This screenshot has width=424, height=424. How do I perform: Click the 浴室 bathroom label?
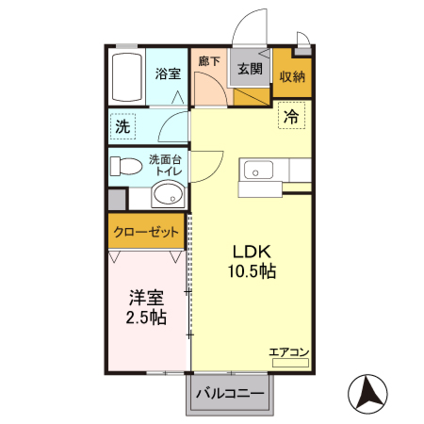pyautogui.click(x=167, y=73)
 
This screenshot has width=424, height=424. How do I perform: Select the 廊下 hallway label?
pyautogui.click(x=209, y=62)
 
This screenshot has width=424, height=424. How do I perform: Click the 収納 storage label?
pyautogui.click(x=291, y=78)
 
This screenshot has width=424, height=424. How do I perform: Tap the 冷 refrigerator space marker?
pyautogui.click(x=292, y=118)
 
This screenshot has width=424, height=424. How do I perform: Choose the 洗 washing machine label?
pyautogui.click(x=123, y=125)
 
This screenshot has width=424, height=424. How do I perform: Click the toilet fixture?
pyautogui.click(x=123, y=167)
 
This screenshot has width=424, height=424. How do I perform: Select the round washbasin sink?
pyautogui.click(x=166, y=196)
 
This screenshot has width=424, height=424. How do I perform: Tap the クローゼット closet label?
pyautogui.click(x=145, y=231)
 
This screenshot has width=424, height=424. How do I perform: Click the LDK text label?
pyautogui.click(x=252, y=253)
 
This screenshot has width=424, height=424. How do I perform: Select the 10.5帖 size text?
pyautogui.click(x=252, y=272)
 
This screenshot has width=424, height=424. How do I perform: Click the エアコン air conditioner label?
pyautogui.click(x=288, y=352)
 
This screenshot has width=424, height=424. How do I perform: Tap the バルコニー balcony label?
pyautogui.click(x=231, y=395)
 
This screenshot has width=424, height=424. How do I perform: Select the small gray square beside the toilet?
pyautogui.click(x=116, y=200)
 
